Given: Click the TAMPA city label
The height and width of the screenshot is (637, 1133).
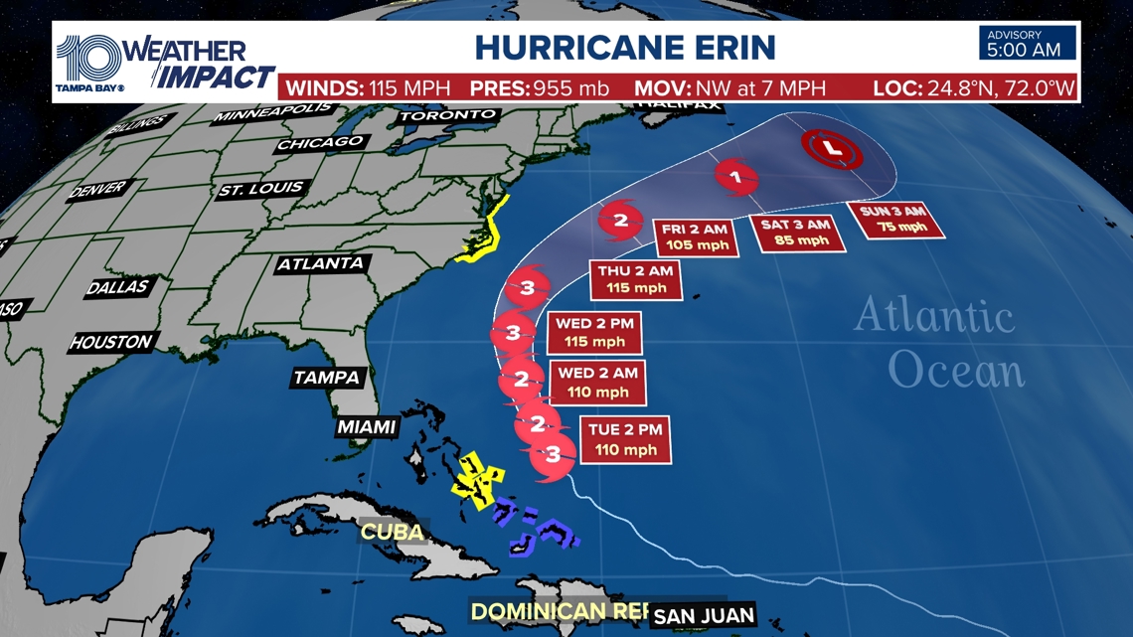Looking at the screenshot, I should point(326,378).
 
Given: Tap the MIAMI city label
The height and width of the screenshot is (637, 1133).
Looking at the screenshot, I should point(366,427).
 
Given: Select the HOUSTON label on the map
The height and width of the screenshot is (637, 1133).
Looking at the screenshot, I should point(111,343).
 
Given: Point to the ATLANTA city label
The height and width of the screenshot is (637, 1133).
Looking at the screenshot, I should point(320,264).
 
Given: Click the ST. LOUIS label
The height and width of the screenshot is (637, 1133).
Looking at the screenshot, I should point(261,189).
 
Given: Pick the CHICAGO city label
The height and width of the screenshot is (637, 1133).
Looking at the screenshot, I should point(320,143).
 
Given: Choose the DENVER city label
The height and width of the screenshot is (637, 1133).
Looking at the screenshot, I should point(98,189).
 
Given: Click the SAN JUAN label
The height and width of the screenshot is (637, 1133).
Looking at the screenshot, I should point(704,616).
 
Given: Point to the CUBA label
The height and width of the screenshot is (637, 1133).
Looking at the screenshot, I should point(392,532).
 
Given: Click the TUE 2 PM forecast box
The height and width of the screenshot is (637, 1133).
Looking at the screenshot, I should point(626,440).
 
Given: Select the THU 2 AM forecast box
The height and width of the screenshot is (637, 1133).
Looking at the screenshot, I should point(636,279).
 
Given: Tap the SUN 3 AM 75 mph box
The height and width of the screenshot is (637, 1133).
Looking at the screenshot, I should point(894,220).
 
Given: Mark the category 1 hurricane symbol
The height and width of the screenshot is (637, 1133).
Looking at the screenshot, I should point(735,178).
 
